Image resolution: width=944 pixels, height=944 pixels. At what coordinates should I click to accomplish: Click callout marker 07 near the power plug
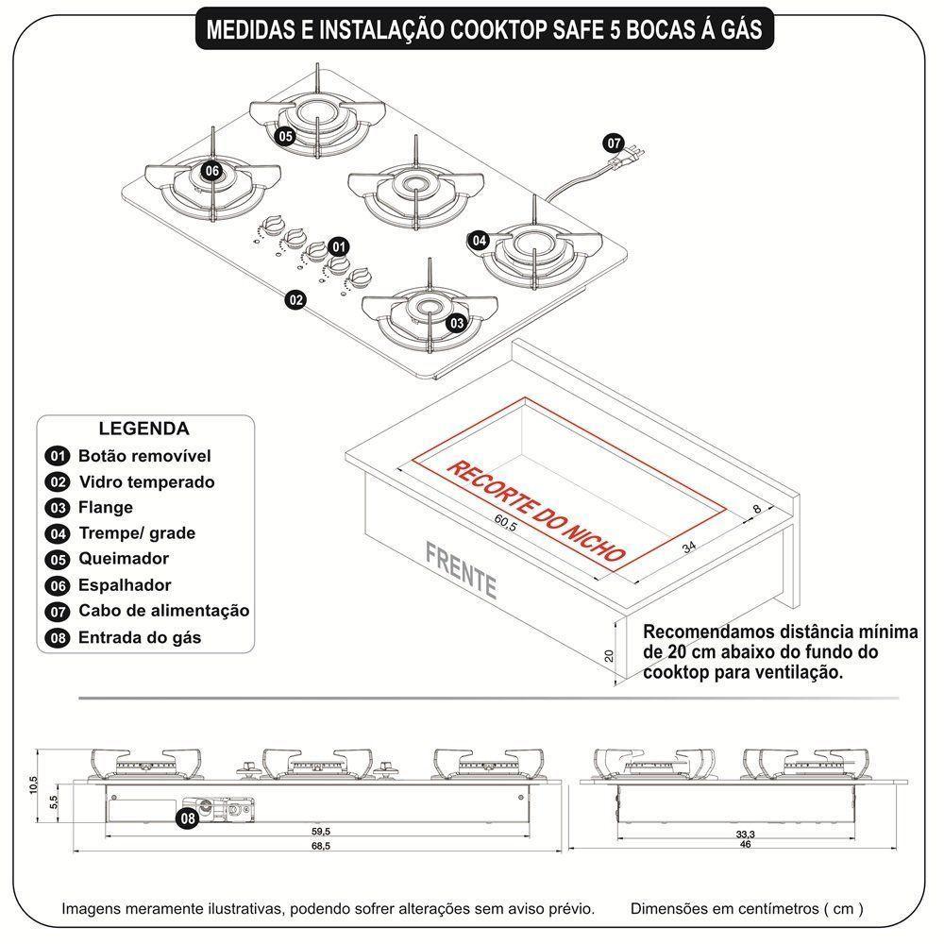click(x=615, y=144)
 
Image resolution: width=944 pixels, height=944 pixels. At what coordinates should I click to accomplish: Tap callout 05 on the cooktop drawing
click(x=285, y=137)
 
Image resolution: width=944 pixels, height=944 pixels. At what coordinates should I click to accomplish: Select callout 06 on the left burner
click(x=211, y=171)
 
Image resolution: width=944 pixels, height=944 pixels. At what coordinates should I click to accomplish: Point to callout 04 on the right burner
click(x=480, y=241)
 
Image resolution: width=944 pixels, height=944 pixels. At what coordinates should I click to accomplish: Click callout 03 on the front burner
click(x=456, y=323)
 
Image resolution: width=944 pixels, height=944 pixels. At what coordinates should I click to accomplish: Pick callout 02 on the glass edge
click(x=295, y=300)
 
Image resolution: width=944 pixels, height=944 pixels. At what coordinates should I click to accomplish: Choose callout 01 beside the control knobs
click(x=339, y=246)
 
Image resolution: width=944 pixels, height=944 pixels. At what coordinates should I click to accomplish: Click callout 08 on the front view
click(x=189, y=818)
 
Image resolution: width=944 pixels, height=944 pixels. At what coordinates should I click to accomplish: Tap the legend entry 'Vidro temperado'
click(x=146, y=481)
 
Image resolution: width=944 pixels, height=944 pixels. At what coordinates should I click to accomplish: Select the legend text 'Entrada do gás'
click(x=140, y=637)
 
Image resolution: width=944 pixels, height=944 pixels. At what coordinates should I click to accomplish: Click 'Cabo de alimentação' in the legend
click(x=163, y=611)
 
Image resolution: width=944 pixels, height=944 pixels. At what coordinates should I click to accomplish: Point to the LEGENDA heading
click(x=143, y=429)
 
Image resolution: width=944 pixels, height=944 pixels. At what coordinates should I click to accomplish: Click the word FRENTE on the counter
click(x=462, y=567)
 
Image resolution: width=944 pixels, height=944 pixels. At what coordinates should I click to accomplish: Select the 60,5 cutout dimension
click(x=506, y=527)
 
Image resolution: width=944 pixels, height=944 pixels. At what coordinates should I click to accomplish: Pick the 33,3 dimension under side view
click(x=745, y=834)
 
